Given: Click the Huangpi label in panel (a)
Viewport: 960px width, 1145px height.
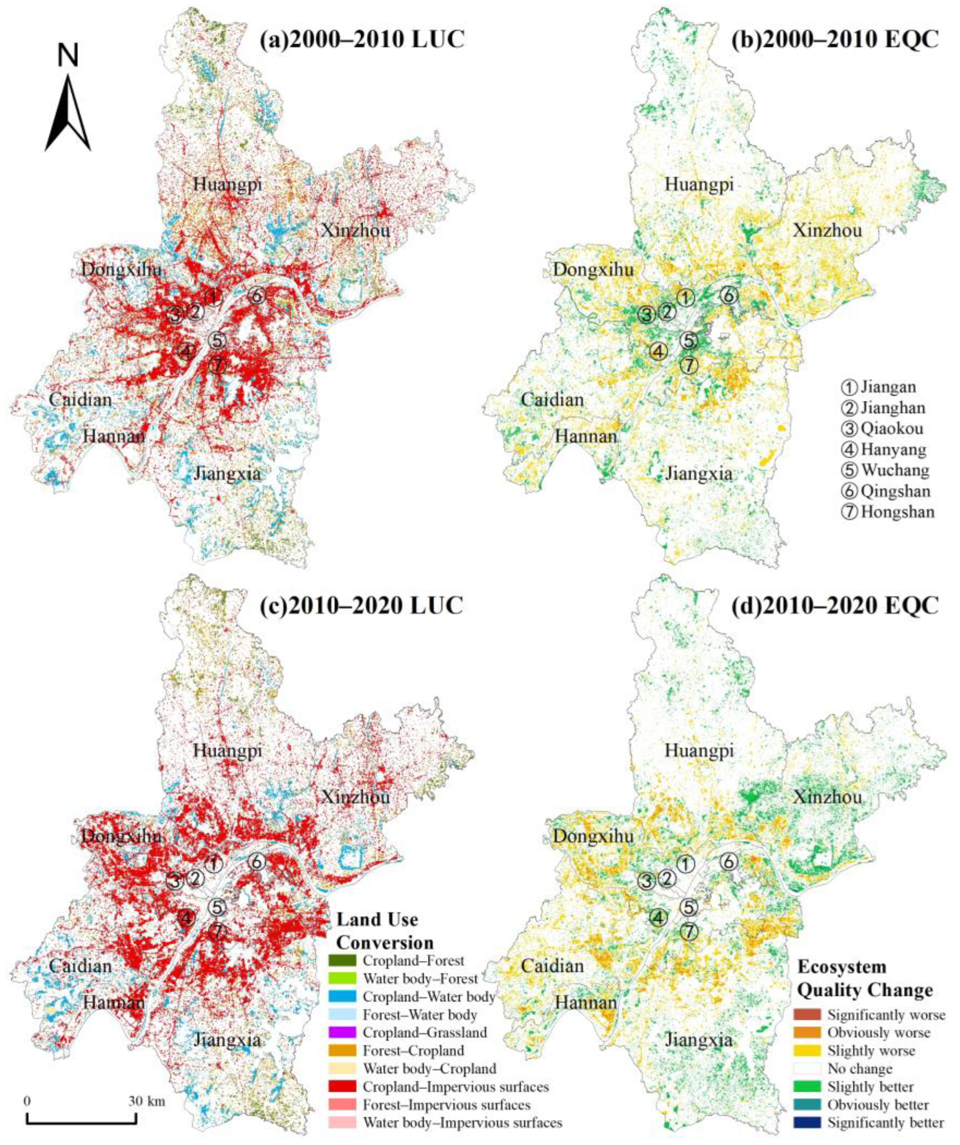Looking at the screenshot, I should point(227,185).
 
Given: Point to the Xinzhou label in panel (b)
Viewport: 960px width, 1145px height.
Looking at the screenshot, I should point(827,231).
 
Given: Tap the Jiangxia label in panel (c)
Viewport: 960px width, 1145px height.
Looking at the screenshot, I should point(227,1040).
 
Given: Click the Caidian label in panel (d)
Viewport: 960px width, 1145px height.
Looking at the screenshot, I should point(552,966).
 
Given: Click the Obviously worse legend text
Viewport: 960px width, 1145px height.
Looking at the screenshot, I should point(879,1033).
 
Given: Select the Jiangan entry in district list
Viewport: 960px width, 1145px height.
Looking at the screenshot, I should point(888,388).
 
